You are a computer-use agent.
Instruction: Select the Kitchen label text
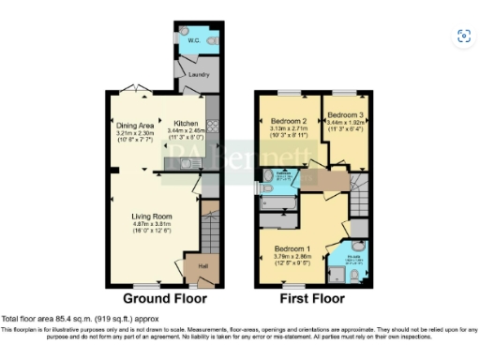(x=185, y=123)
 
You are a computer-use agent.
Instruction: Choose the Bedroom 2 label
(x=289, y=123)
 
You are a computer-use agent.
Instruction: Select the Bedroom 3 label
(x=345, y=115)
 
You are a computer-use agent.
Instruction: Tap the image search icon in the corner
(x=462, y=37)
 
